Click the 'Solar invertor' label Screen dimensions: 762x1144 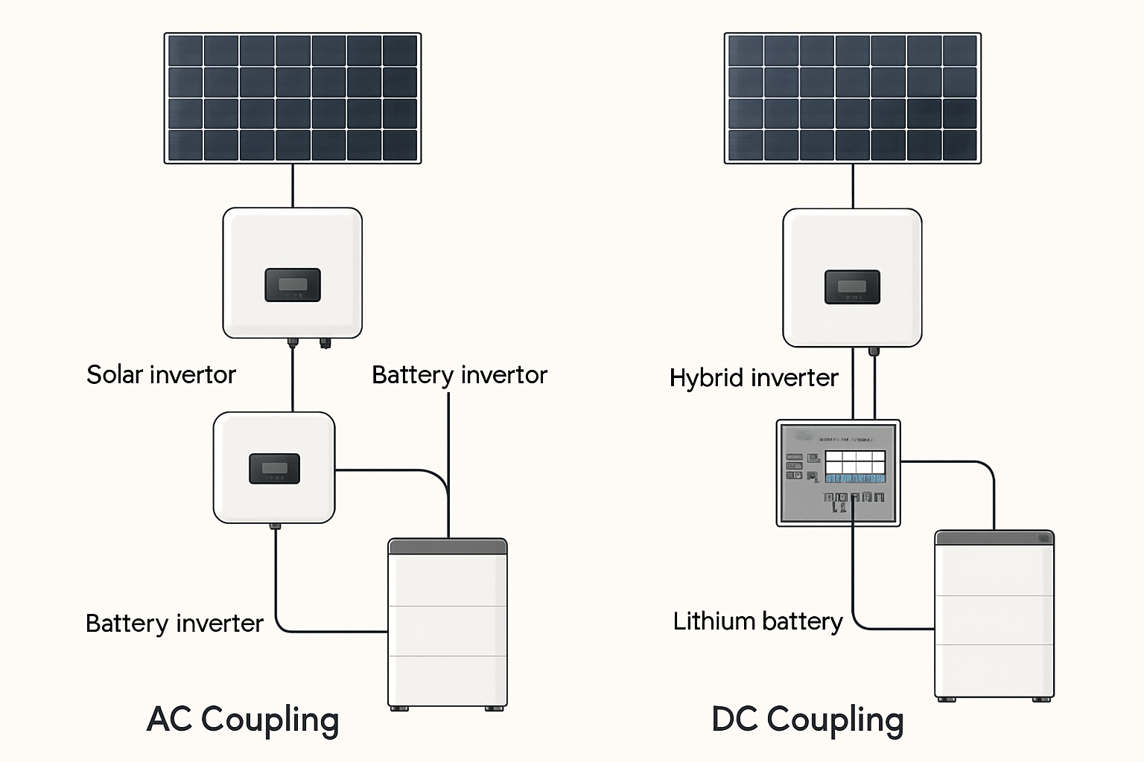point(161,374)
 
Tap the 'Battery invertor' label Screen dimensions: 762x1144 point(459,375)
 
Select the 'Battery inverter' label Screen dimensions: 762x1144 point(174,623)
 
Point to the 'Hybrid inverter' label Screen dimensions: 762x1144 point(754,378)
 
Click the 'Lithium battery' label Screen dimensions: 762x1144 point(757,621)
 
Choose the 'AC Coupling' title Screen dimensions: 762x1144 point(243,720)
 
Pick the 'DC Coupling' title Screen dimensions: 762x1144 point(807,720)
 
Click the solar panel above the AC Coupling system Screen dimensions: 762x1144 point(293,97)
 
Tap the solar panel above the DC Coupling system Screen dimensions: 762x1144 point(853,97)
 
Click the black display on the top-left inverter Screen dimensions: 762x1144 point(293,285)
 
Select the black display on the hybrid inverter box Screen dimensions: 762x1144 point(852,287)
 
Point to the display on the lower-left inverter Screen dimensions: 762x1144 point(274,469)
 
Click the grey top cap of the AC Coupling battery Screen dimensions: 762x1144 point(448,547)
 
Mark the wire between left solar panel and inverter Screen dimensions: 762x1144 point(293,185)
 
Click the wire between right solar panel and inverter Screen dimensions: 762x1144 point(853,186)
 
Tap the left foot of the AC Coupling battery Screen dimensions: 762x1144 point(400,708)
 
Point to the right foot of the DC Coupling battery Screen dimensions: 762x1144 point(1041,699)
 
